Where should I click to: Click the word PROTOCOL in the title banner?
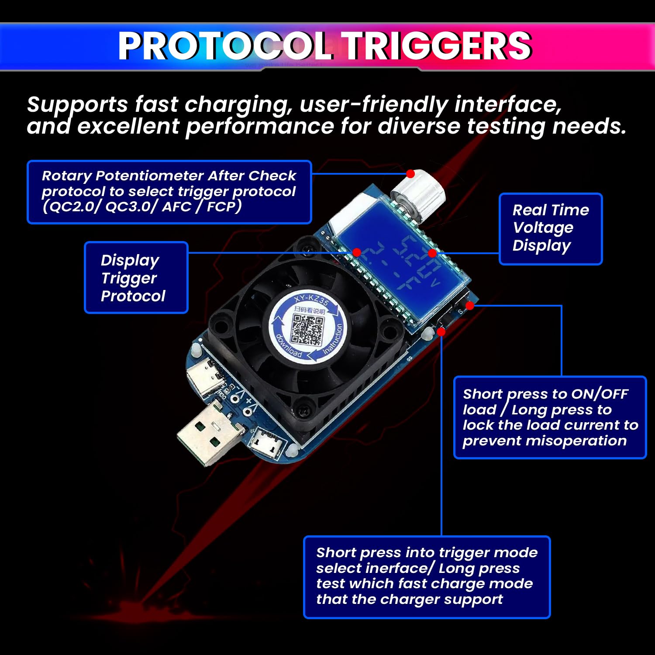click(225, 46)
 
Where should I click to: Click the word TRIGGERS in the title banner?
click(438, 46)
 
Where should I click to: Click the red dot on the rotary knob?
click(410, 174)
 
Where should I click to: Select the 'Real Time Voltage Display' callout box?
click(550, 228)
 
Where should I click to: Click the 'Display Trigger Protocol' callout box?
click(136, 278)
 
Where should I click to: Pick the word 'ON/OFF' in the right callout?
click(600, 394)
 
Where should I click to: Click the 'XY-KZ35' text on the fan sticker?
click(311, 300)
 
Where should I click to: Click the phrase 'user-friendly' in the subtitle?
click(374, 105)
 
